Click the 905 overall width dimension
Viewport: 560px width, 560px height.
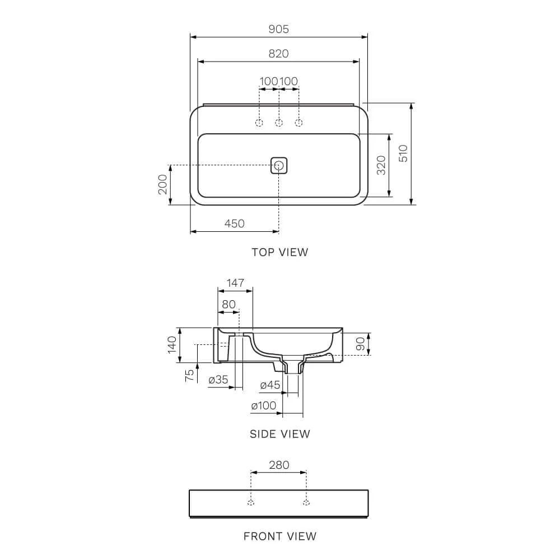click(x=279, y=29)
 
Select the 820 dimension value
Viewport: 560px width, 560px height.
click(x=279, y=54)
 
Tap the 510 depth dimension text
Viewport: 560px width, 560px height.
click(x=403, y=153)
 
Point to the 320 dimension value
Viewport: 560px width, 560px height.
click(x=381, y=165)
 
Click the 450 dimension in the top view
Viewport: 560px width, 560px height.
click(x=234, y=223)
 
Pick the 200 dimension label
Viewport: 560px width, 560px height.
click(x=162, y=184)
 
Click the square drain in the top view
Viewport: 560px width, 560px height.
click(x=279, y=165)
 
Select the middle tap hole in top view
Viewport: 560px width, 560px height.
click(x=279, y=123)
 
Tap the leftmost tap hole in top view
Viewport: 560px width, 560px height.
click(x=259, y=123)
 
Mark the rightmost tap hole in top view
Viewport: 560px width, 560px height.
click(x=298, y=123)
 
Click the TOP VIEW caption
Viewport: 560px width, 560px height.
click(x=279, y=252)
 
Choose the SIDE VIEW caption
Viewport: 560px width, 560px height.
click(x=279, y=434)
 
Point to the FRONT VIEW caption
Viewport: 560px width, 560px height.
click(x=279, y=536)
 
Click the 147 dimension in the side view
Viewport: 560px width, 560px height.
click(x=235, y=283)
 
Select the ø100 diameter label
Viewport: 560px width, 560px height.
click(x=264, y=406)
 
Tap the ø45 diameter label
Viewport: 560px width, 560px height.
click(x=270, y=385)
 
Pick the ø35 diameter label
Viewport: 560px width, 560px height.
click(x=218, y=380)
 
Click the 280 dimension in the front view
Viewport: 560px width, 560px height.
click(x=279, y=465)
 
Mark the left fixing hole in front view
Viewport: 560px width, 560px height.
click(x=251, y=502)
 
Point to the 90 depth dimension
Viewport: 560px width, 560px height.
click(x=361, y=343)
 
